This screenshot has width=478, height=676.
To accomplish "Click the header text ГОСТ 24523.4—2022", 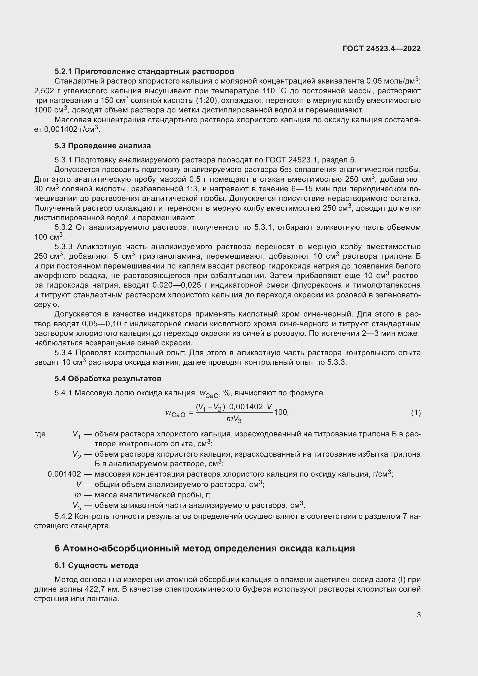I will (381, 49).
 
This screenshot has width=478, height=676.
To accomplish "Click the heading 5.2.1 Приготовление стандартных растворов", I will (144, 72).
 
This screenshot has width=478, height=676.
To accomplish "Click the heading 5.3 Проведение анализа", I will (102, 146).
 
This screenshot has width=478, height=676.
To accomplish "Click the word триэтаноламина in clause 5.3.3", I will (170, 256).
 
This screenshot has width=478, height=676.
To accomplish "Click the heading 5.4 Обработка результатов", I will (108, 379).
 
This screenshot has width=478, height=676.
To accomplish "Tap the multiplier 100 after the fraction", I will (281, 412).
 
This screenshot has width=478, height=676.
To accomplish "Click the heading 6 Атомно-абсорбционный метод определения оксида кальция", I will (205, 549).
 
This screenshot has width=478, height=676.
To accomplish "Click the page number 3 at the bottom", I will (418, 615).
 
